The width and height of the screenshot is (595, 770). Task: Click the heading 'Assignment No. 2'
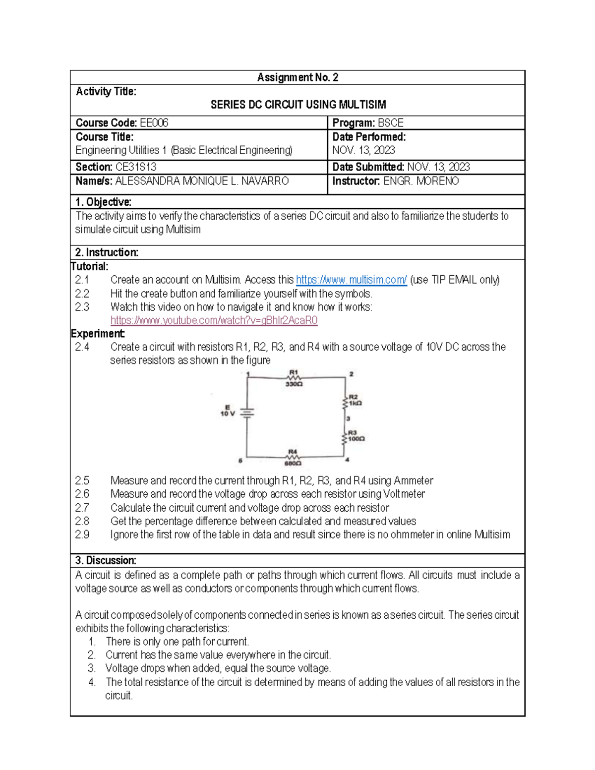coord(297,77)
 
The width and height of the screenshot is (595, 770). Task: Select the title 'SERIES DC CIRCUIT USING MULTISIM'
coord(298,105)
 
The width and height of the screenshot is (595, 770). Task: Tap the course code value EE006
coord(154,123)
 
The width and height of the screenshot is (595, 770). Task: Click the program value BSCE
coord(391,123)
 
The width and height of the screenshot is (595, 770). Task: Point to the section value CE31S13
coord(136,167)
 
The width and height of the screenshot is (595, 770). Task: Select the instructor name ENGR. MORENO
coord(421,181)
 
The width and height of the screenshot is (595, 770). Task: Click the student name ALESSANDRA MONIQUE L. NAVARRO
coord(202,181)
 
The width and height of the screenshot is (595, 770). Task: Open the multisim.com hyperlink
coord(351,280)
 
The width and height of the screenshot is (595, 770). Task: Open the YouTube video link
coord(214,320)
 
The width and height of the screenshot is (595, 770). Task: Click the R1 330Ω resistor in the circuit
coord(294,378)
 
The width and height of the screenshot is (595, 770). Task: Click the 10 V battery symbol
coord(247,413)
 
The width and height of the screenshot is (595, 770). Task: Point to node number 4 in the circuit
coord(348,460)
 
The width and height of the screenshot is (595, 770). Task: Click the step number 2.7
coord(82,508)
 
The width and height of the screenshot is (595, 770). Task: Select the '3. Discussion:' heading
coord(106,561)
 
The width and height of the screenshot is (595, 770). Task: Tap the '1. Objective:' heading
coord(103,202)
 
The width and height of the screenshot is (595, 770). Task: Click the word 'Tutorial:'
coord(90,266)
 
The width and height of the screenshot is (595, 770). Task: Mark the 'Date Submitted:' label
coord(368,167)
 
